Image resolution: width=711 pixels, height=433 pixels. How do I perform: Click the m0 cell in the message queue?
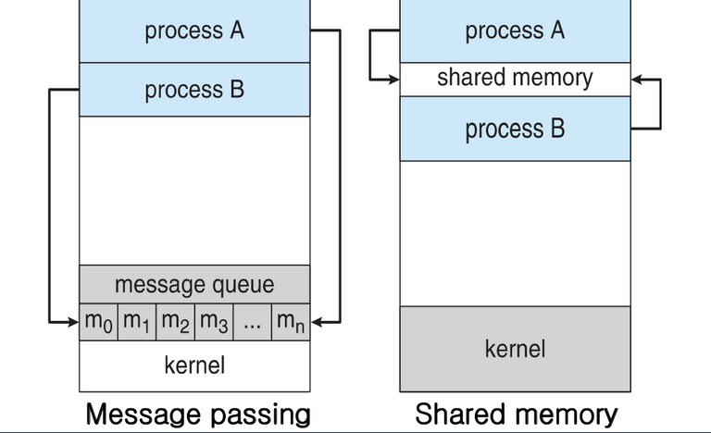(x=99, y=322)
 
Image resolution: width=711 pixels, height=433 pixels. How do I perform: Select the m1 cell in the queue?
(x=137, y=322)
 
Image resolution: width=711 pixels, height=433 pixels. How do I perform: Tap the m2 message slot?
(x=176, y=322)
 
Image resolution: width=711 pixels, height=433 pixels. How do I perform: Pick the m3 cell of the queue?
(x=214, y=322)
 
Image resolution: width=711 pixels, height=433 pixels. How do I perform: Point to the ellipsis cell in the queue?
(x=253, y=322)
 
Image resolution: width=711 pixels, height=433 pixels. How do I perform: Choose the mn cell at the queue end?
(x=291, y=322)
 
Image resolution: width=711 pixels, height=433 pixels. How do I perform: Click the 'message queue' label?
(x=194, y=282)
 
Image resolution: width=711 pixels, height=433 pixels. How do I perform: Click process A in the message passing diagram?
(x=194, y=31)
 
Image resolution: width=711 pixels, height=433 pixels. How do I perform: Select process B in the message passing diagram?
(x=194, y=90)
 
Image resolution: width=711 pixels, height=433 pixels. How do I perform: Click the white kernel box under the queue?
(x=194, y=365)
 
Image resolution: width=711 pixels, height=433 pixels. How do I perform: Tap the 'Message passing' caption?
(x=198, y=413)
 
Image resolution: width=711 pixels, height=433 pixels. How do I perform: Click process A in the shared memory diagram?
(x=515, y=31)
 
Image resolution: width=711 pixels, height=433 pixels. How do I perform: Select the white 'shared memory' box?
(x=515, y=78)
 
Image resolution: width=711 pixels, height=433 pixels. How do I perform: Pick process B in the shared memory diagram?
(x=515, y=128)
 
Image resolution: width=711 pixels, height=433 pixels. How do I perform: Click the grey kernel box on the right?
(x=515, y=349)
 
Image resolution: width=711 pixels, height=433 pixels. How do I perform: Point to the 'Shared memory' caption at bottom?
(x=516, y=413)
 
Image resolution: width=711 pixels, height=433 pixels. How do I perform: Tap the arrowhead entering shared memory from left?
(x=393, y=80)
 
